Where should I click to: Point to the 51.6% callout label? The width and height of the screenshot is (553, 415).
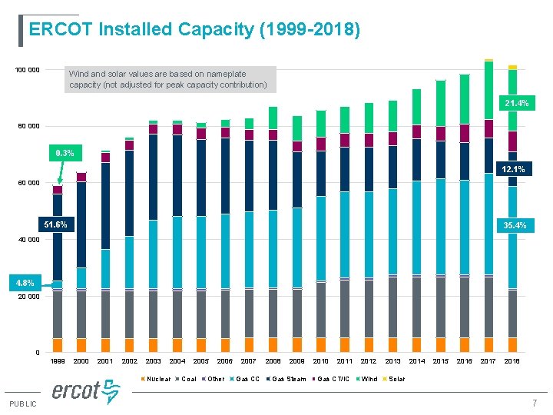pos(55,225)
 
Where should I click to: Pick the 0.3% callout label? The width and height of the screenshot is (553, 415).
pos(64,153)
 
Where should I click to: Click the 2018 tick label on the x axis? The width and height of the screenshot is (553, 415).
pos(512,360)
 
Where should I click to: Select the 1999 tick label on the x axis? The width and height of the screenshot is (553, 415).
pos(58,360)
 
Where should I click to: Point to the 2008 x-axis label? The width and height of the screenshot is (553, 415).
pos(273,360)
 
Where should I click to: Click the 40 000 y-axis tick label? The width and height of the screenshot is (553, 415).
pos(29,240)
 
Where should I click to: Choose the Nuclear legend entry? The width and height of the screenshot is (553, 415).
pos(157,379)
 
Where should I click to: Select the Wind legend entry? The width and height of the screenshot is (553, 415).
pos(369,379)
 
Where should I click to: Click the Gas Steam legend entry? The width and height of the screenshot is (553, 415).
pos(288,379)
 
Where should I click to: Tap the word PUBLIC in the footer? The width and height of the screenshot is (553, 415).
pos(23,404)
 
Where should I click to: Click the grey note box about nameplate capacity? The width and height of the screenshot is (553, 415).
pos(168,79)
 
